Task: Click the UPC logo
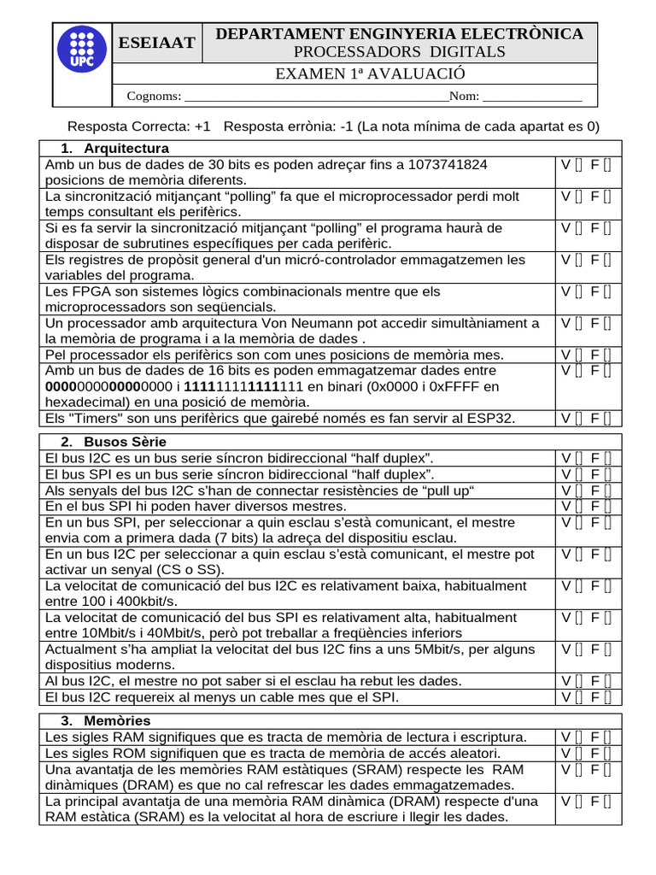pyautogui.click(x=83, y=47)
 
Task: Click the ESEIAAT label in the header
pyautogui.click(x=156, y=43)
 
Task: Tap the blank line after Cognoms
pyautogui.click(x=316, y=97)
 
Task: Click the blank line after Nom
pyautogui.click(x=532, y=97)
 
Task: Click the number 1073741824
pyautogui.click(x=448, y=164)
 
